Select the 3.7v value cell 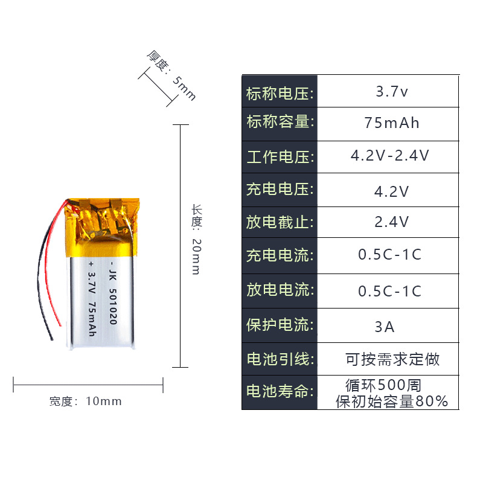(392, 92)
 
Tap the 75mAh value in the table (392, 123)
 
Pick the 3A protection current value (385, 327)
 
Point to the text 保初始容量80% (392, 401)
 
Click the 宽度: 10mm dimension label (86, 401)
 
